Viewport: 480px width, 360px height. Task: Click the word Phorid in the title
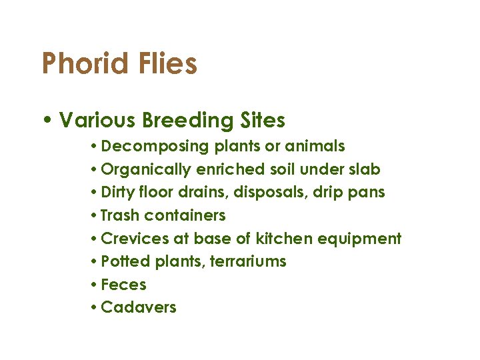click(84, 65)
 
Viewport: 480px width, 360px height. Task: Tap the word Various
click(97, 121)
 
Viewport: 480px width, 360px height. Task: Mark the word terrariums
click(248, 262)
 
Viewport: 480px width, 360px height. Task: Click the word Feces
click(123, 285)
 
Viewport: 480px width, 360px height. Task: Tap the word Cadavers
click(139, 308)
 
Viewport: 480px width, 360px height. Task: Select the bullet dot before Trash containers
click(95, 216)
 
